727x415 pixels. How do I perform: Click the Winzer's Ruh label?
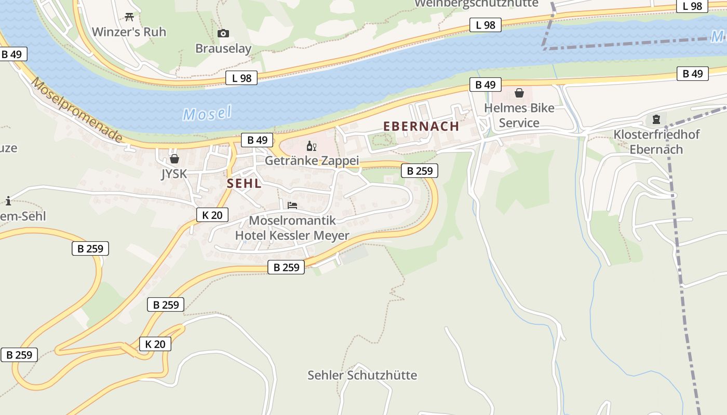point(129,32)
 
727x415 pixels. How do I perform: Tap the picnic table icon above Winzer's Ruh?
point(129,17)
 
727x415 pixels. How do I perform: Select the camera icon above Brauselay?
point(223,34)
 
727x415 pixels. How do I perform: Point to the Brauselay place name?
point(223,49)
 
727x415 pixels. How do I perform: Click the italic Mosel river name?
point(207,114)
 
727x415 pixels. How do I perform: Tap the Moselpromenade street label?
point(77,109)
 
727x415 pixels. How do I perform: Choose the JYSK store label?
point(174,174)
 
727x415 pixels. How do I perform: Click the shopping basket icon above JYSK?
point(174,159)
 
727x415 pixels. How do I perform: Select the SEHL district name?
point(244,184)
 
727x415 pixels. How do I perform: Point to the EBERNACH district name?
point(421,126)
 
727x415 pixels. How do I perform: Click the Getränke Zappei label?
point(312,161)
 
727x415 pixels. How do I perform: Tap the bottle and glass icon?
point(311,146)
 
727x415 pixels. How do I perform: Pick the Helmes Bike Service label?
point(519,116)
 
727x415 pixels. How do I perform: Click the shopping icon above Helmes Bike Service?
point(519,93)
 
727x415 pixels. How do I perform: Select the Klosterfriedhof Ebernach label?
point(656,142)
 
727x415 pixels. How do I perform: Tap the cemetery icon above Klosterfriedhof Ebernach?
point(656,119)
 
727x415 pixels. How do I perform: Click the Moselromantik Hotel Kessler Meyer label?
point(292,228)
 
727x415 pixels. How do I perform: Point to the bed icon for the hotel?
point(292,205)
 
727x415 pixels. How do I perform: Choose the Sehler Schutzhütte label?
point(362,375)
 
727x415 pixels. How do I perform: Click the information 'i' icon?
point(8,201)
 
